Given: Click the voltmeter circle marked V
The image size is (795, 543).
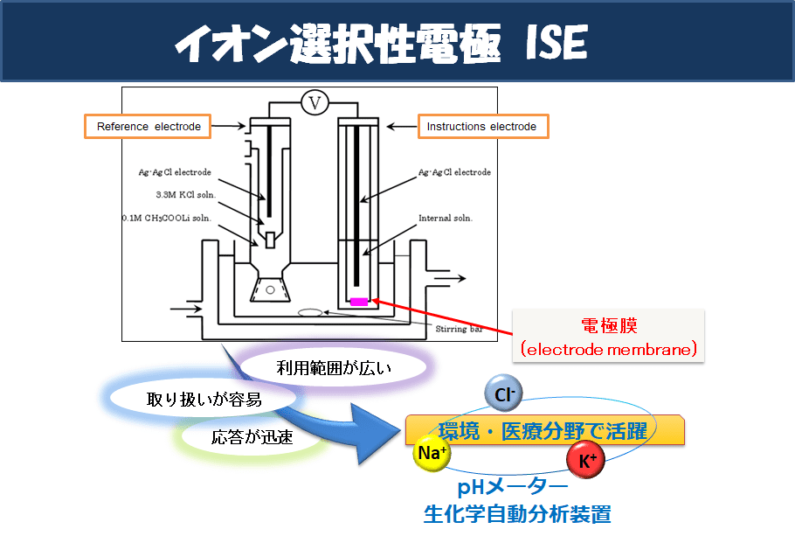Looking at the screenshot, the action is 315,103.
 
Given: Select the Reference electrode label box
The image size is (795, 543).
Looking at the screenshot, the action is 148,127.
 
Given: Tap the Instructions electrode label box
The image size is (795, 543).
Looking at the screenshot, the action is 483,127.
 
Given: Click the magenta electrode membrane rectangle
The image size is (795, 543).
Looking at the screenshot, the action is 359,302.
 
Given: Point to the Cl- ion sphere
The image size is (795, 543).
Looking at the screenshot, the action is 503,393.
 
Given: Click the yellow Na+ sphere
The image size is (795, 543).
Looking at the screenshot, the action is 432,452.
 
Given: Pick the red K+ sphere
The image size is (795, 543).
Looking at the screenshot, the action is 586,460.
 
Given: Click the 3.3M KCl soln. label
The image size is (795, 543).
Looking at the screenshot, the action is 185,195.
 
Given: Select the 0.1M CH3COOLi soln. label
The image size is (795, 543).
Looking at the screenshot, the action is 167,219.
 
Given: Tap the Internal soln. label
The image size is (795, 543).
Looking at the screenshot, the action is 446,219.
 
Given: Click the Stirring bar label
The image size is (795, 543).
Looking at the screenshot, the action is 459,329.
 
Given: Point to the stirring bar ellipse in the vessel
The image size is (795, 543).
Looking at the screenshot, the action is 310,313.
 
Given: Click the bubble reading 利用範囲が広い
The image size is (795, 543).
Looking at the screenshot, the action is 334,368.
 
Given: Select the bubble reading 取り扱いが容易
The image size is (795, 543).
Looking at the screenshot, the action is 204,400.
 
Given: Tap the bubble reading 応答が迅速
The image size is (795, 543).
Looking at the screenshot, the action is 252,437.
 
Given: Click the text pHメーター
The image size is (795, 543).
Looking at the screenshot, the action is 513,487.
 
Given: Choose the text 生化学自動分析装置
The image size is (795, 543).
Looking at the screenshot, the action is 517,514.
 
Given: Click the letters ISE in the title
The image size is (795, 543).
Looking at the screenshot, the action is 556,43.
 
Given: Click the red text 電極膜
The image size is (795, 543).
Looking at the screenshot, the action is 609,325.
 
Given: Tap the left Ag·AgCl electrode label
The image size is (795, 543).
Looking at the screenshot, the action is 175,172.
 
